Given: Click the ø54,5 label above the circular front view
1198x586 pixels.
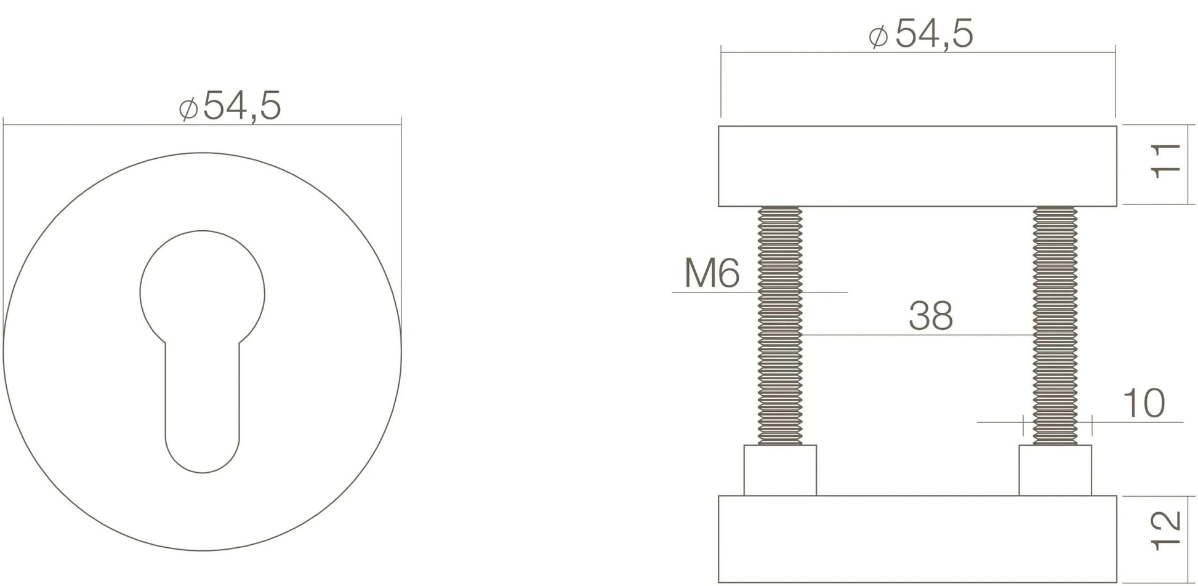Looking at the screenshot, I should (231, 106).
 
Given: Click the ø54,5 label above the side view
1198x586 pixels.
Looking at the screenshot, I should (922, 34).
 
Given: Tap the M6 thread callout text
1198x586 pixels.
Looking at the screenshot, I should (712, 273).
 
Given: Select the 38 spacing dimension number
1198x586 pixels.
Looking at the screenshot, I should (930, 316).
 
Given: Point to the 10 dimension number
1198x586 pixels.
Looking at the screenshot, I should (1143, 404).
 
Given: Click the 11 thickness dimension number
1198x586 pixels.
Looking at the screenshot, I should (1165, 162).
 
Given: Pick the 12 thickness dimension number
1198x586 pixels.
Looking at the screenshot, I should (1165, 531).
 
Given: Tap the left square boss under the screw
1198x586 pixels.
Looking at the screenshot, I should (780, 470).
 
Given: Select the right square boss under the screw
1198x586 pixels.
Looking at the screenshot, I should (1055, 470).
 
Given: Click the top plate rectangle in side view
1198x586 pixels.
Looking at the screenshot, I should (917, 166).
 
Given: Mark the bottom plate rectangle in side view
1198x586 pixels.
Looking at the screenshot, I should (917, 539).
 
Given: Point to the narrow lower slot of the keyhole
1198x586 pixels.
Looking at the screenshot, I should (202, 394).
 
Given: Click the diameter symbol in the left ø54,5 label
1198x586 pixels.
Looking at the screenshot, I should (188, 108).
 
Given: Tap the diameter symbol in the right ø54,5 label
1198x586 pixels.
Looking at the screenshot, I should (878, 36).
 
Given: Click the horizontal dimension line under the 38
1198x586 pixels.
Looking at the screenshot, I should (917, 335).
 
